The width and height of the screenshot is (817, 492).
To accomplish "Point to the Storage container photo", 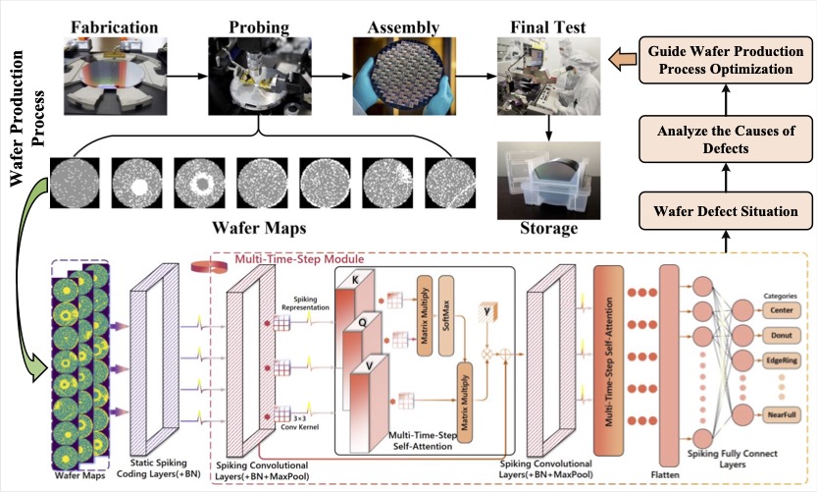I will [550, 183].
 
